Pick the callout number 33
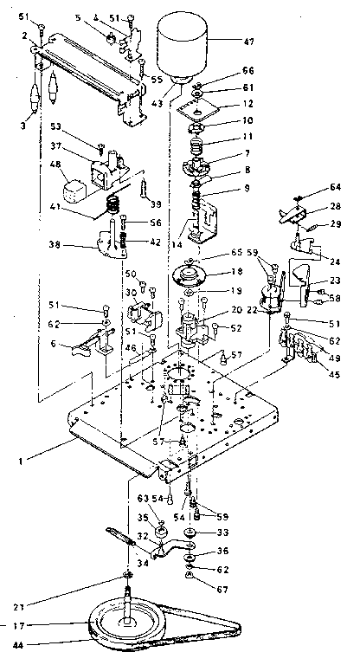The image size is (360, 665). point(223,532)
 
